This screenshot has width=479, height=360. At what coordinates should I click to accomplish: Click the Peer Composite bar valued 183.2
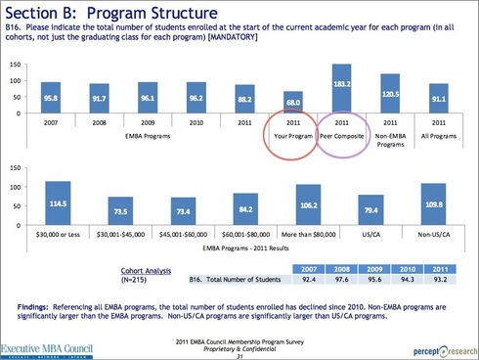point(342,90)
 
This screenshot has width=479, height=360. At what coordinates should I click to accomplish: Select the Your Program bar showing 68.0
point(291,103)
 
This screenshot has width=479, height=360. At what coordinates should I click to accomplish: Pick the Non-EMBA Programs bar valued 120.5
point(392,95)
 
